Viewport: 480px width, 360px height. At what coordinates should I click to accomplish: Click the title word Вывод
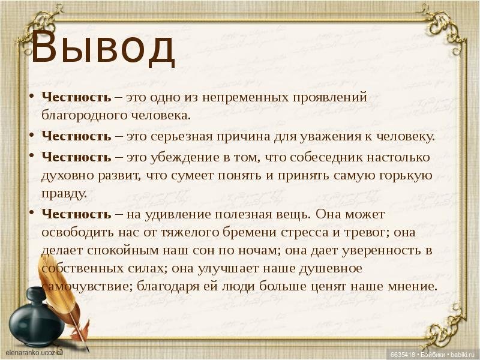[103, 49]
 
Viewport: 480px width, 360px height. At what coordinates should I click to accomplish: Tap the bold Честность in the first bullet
[76, 97]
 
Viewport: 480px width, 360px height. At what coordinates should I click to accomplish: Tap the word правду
[64, 193]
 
